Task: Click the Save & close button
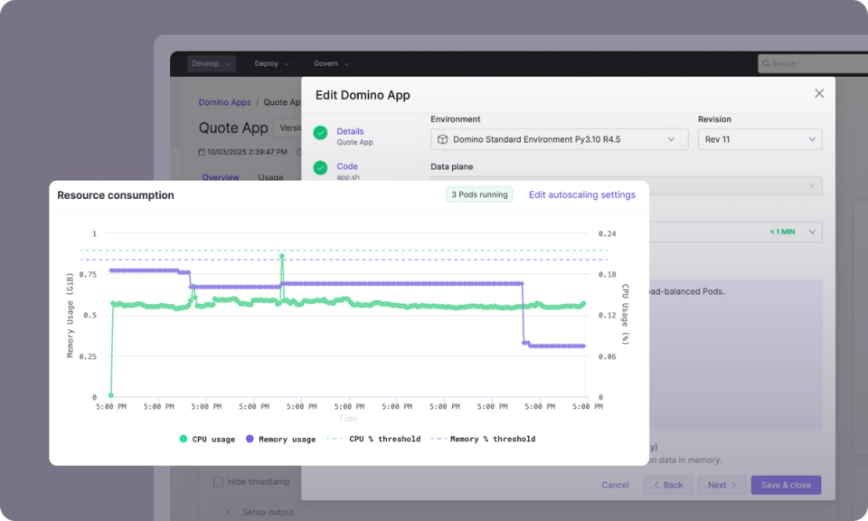tap(785, 485)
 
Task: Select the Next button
tap(722, 485)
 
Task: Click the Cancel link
tap(615, 485)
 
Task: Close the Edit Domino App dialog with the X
tap(819, 93)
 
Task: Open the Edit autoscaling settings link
tap(581, 194)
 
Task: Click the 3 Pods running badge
tap(479, 194)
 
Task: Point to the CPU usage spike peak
tap(282, 256)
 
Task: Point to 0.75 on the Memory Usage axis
tap(88, 274)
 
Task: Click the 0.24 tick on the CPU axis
tap(606, 233)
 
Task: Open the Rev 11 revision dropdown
tap(759, 139)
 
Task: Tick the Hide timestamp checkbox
tap(218, 482)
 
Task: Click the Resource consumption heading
tap(116, 195)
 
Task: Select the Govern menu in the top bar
tap(331, 63)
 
